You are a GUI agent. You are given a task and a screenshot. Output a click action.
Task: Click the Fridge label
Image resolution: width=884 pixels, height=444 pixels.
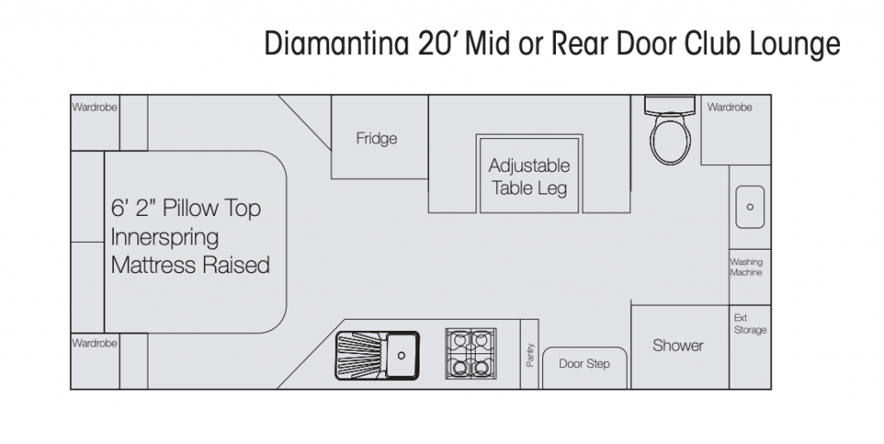coord(376,138)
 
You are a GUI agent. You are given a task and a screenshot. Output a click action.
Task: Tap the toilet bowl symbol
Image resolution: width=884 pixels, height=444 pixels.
coord(670,137)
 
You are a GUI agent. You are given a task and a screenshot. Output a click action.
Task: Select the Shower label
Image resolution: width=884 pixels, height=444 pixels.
coord(679,346)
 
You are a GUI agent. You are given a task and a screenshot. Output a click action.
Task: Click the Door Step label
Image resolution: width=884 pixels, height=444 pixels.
coord(584,364)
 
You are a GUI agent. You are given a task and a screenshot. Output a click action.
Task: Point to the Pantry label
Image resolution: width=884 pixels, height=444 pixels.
coord(529,355)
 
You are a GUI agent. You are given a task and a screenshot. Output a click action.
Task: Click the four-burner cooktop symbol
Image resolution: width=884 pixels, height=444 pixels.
coord(470,352)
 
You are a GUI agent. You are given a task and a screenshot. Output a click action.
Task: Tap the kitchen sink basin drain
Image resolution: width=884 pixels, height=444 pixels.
coord(401,355)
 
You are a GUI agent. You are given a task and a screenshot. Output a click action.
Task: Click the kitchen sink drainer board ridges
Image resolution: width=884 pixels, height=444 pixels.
coord(361,355)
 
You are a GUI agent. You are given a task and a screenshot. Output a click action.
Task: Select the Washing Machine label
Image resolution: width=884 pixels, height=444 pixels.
coord(747,267)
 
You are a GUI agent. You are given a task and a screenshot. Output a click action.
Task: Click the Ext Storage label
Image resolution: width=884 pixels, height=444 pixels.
coord(750,324)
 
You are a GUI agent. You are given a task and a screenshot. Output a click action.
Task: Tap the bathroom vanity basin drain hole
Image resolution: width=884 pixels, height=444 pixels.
coord(750,207)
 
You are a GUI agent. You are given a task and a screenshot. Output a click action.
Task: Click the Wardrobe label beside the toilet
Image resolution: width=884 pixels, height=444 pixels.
coord(729,107)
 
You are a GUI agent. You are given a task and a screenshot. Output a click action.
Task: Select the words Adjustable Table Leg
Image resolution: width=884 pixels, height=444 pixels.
coord(529,177)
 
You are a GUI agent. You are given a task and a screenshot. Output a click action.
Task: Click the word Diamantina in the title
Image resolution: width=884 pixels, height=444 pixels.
coord(336,43)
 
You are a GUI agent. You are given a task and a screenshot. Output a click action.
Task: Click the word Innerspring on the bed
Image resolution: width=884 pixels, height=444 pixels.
coord(165,238)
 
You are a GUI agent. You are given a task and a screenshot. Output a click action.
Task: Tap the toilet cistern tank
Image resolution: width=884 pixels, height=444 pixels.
coord(670,104)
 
